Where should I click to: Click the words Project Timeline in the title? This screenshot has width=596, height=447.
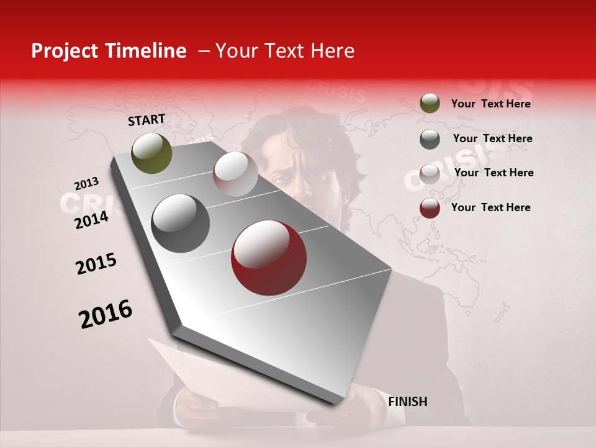click(x=109, y=51)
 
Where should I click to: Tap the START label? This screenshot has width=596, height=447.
click(x=147, y=120)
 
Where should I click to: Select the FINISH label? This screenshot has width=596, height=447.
click(x=407, y=402)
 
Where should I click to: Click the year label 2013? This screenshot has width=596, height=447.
click(x=86, y=184)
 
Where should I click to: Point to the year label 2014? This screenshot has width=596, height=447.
click(x=91, y=220)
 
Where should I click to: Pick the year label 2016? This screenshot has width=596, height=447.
click(x=106, y=314)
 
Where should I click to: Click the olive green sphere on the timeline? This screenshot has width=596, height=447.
click(x=151, y=153)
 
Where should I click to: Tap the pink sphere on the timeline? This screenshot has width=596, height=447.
click(x=235, y=174)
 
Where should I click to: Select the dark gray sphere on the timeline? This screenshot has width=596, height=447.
click(x=180, y=223)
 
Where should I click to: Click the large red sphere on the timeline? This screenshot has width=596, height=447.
click(x=268, y=258)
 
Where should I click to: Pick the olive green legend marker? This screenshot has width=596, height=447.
click(x=430, y=104)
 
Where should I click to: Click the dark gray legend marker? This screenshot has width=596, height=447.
click(x=430, y=139)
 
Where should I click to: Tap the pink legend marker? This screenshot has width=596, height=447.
click(x=430, y=174)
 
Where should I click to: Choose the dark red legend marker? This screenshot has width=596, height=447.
click(x=430, y=208)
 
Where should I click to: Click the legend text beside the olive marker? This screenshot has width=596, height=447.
click(x=490, y=104)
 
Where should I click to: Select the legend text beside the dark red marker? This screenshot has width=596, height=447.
click(x=490, y=207)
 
